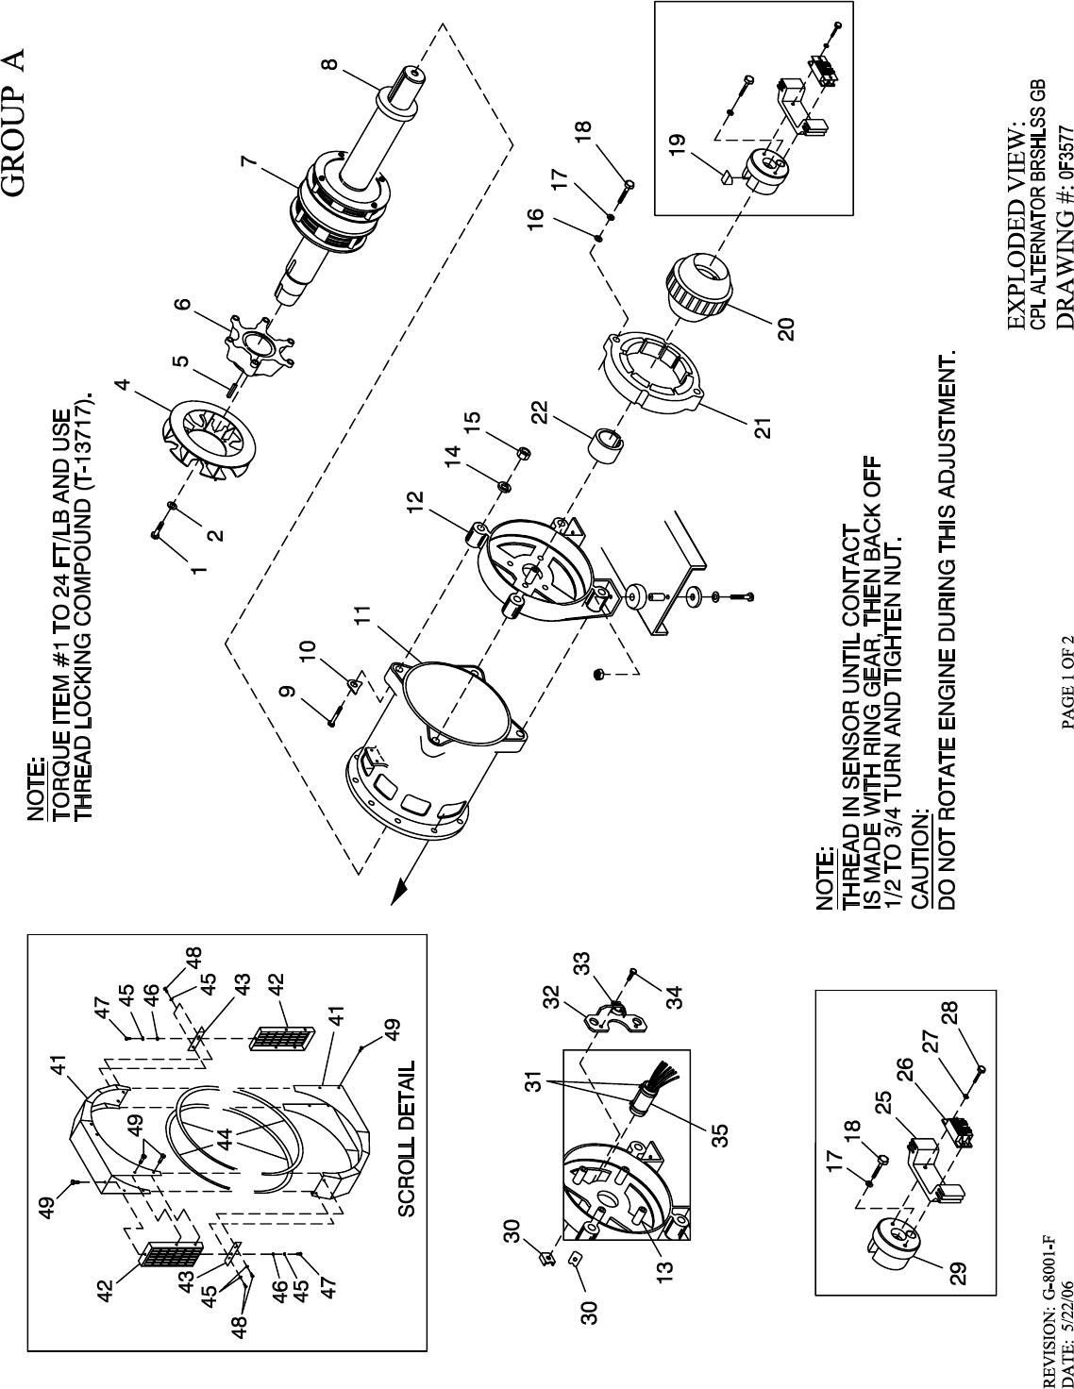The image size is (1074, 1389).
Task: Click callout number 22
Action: click(539, 411)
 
